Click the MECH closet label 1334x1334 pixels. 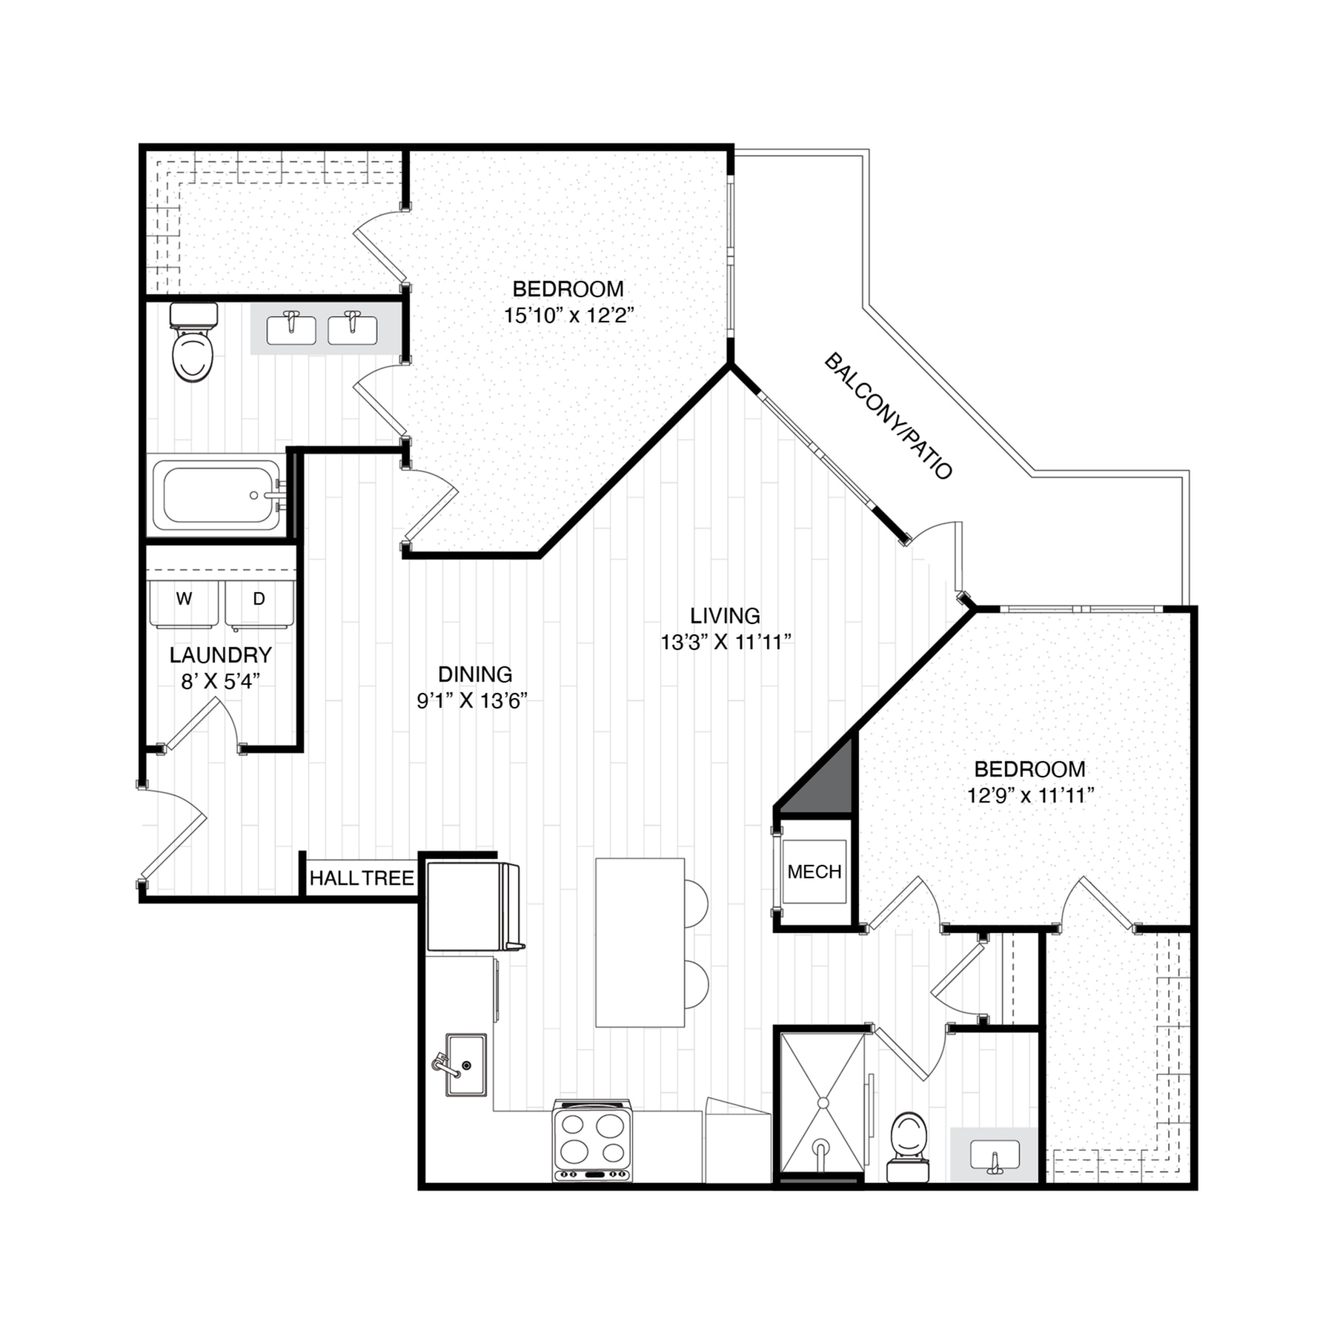(x=814, y=872)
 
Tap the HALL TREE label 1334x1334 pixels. (x=362, y=878)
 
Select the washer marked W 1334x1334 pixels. (x=184, y=603)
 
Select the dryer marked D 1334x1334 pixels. (x=259, y=603)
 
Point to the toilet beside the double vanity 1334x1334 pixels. (x=193, y=344)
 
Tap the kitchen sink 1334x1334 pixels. (x=466, y=1064)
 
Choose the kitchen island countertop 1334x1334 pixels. (x=640, y=942)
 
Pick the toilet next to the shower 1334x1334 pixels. (x=908, y=1144)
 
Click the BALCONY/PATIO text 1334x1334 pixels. (x=888, y=417)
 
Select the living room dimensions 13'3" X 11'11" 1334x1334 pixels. (x=726, y=642)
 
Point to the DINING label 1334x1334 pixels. (x=475, y=674)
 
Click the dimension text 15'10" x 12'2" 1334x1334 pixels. (x=568, y=316)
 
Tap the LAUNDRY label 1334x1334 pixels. (x=220, y=654)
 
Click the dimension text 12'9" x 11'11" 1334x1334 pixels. (x=1030, y=796)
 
